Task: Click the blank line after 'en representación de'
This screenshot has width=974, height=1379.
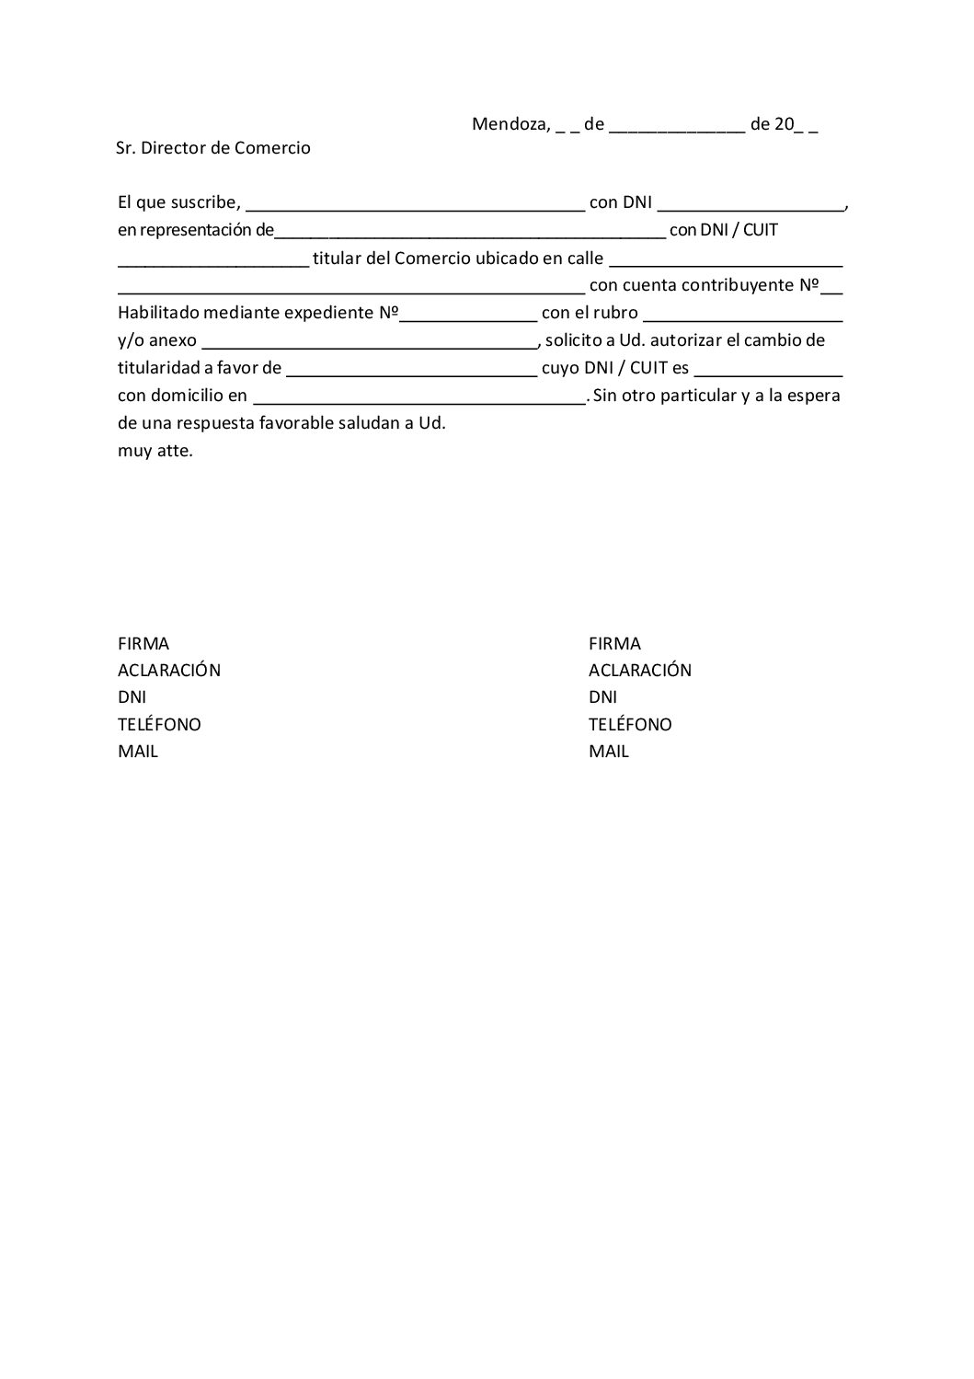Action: click(470, 236)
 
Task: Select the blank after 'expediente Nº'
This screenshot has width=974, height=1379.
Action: click(468, 318)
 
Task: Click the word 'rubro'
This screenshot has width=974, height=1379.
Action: click(615, 313)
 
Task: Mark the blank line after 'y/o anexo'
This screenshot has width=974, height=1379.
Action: click(369, 347)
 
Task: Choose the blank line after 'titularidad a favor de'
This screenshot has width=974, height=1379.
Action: click(412, 374)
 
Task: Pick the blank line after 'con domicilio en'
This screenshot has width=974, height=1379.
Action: click(418, 402)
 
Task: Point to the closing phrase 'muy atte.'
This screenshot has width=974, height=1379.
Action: click(155, 452)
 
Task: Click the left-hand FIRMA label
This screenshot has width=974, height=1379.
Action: click(143, 644)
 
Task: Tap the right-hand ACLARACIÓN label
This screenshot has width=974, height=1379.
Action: click(640, 671)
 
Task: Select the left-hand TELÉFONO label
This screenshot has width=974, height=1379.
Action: click(159, 725)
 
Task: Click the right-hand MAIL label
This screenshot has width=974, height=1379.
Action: click(609, 752)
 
